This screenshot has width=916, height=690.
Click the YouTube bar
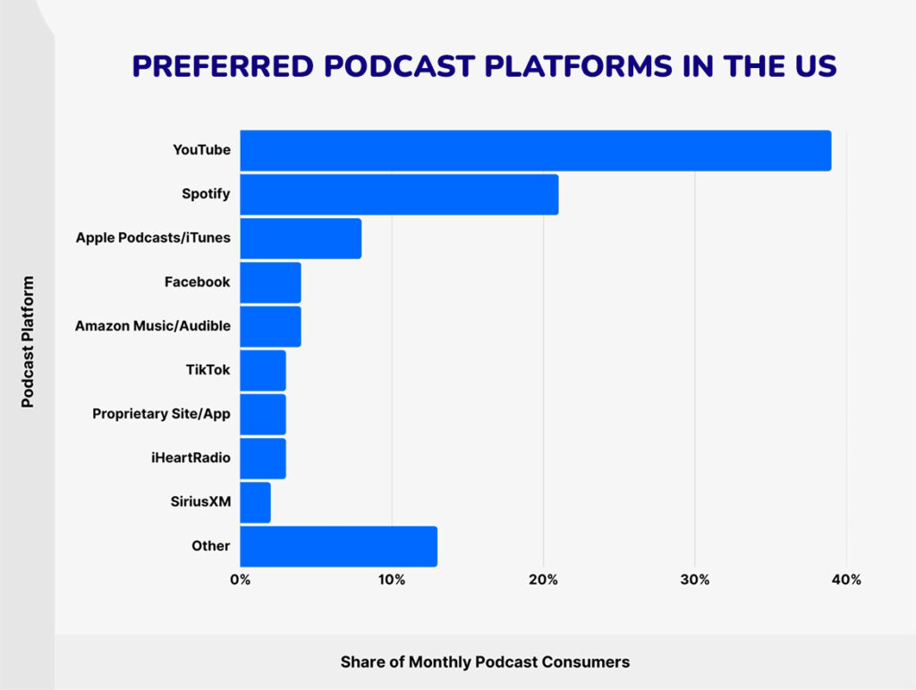[535, 150]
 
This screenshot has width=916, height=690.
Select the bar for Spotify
[399, 195]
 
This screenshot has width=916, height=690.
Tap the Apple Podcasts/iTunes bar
[301, 239]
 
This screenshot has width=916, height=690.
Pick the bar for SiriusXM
[255, 502]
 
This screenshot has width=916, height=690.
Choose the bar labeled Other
[338, 546]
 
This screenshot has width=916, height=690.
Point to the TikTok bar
[263, 371]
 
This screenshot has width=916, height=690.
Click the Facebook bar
[270, 282]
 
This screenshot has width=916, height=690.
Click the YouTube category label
[201, 150]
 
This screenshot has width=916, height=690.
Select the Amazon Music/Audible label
[153, 326]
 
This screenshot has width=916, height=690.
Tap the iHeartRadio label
[190, 459]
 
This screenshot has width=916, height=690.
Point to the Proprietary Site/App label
[161, 415]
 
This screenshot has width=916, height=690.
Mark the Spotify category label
[205, 194]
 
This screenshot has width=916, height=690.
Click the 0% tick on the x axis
[240, 580]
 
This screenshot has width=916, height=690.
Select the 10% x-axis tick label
[392, 580]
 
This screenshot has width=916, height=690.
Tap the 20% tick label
[543, 580]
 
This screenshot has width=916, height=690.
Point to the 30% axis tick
[695, 580]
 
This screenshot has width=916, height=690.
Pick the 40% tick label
[846, 580]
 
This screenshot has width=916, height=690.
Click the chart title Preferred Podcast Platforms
[484, 66]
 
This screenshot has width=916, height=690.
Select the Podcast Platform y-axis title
[28, 341]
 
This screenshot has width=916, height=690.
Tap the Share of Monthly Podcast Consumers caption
[485, 662]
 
